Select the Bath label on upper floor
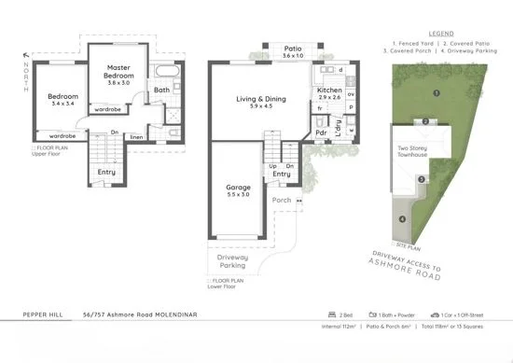[x=161, y=90]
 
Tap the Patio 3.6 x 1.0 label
[x=293, y=50]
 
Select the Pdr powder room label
[x=321, y=133]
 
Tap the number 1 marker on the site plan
[x=437, y=93]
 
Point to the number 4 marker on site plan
[x=402, y=219]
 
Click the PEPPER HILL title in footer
[x=43, y=316]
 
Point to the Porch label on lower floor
[x=281, y=200]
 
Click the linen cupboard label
[x=136, y=137]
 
